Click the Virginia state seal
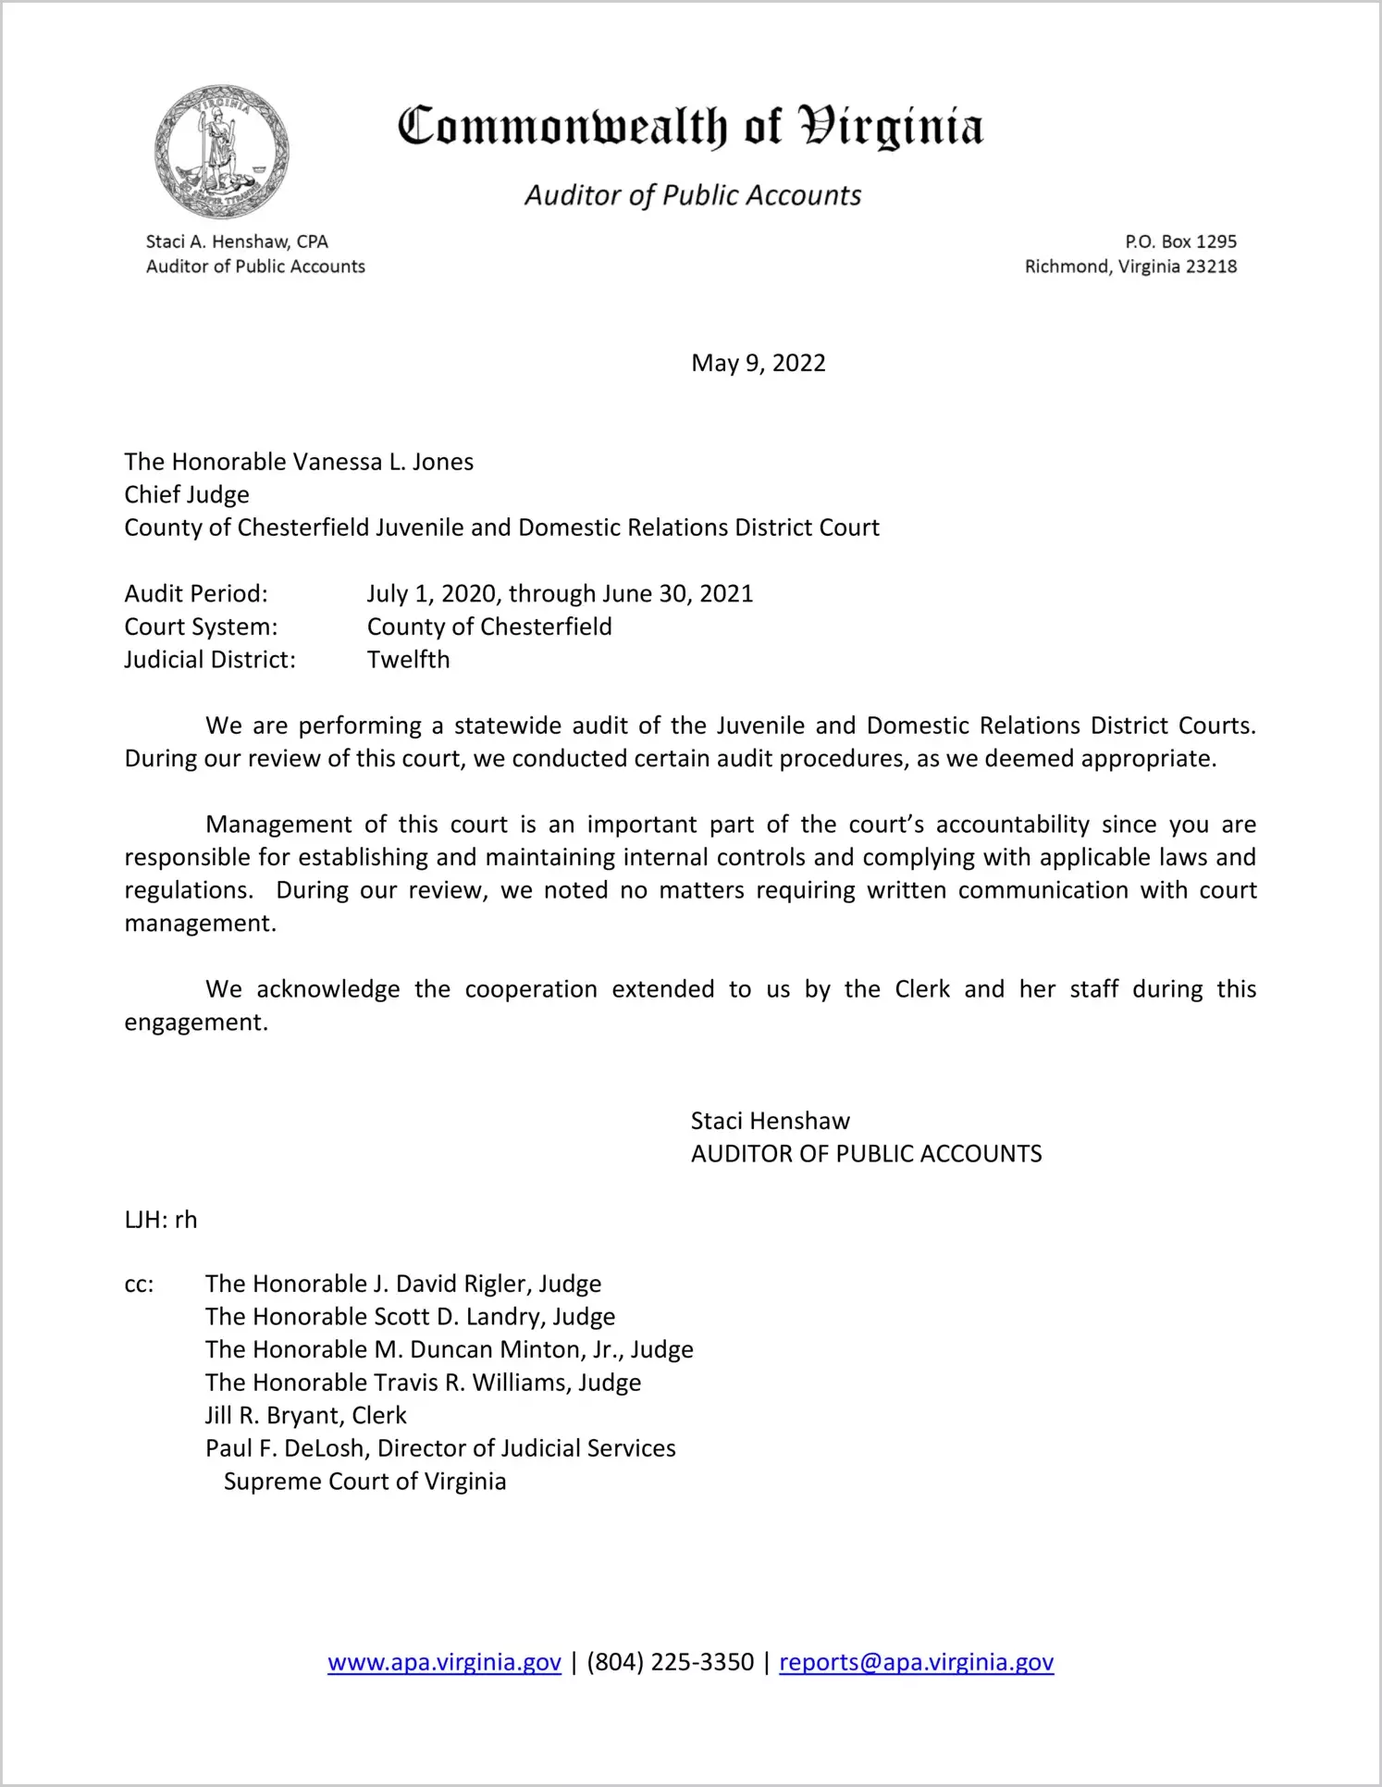[x=222, y=153]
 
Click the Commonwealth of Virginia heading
[x=690, y=127]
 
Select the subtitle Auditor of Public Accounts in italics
[x=693, y=195]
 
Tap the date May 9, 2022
[x=758, y=363]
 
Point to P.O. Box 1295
[x=1180, y=242]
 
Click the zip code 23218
[x=1211, y=267]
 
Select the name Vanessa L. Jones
[x=383, y=462]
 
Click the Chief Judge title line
[x=187, y=494]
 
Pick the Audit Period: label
[x=196, y=593]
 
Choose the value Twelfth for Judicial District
[x=408, y=660]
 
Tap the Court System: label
[x=201, y=627]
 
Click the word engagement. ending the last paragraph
[x=196, y=1023]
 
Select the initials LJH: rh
[x=161, y=1220]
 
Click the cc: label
[x=139, y=1284]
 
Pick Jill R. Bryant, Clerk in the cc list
[x=305, y=1416]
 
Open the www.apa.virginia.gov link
[x=444, y=1662]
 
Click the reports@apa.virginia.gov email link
[x=916, y=1662]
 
